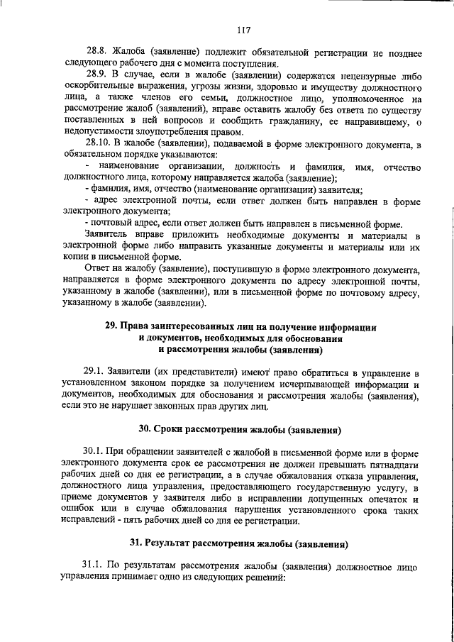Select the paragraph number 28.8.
point(98,53)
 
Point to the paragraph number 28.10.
point(100,145)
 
